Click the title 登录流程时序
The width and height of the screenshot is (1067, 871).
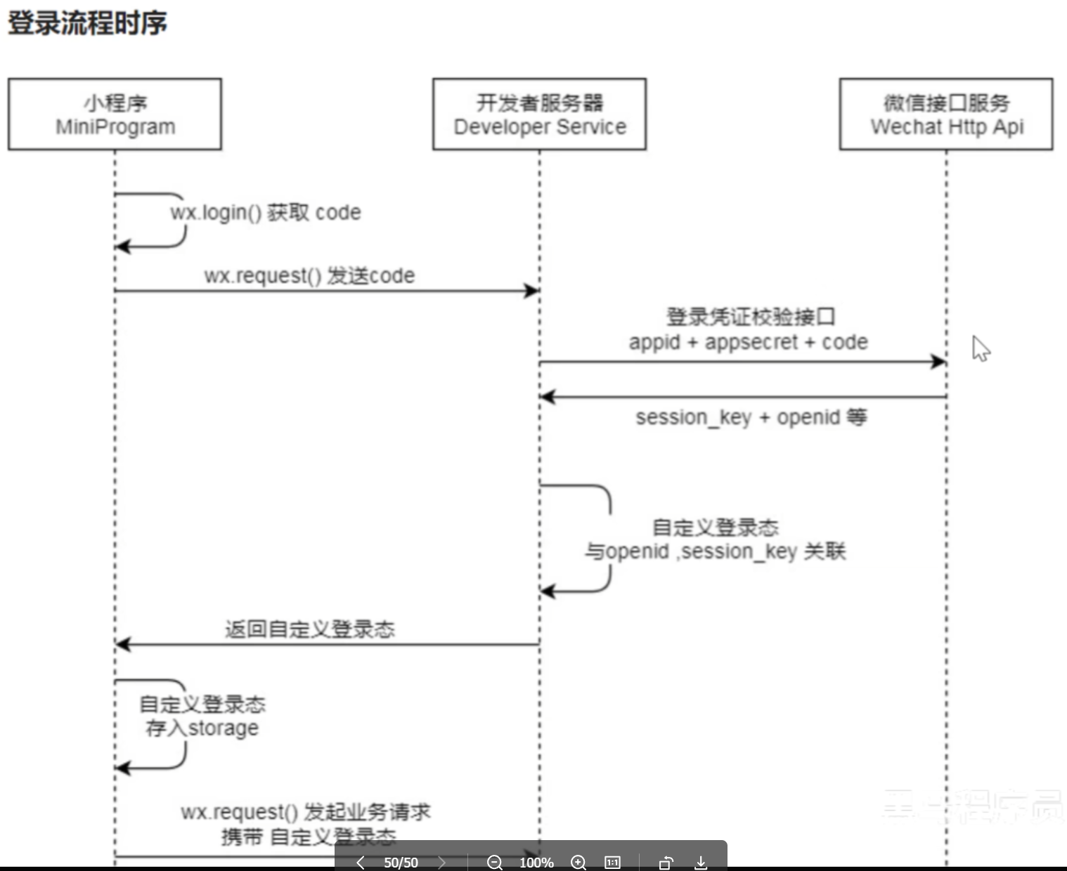coord(87,23)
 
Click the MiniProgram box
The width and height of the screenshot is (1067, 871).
coord(115,114)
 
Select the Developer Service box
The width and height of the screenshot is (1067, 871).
coord(539,114)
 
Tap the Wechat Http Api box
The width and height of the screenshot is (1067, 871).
coord(946,114)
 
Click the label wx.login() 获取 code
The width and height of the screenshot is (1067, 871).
coord(266,212)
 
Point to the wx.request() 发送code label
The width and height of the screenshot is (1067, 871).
coord(309,275)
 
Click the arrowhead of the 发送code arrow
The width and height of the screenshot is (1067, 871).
coord(532,291)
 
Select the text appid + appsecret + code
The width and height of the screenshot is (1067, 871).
coord(748,342)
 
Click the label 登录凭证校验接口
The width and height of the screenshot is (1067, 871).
coord(751,317)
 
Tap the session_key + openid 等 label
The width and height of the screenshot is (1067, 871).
coord(751,417)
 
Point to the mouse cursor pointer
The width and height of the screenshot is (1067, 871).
coord(980,348)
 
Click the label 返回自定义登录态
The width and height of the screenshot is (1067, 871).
coord(309,629)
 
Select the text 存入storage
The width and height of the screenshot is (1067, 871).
coord(202,728)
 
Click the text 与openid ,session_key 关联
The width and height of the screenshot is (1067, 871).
coord(715,551)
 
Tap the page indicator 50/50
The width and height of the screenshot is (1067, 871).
coord(401,863)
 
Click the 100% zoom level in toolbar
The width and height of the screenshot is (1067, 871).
coord(536,863)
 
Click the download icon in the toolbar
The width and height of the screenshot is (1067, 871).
coord(701,863)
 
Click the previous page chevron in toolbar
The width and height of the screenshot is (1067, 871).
coord(361,863)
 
